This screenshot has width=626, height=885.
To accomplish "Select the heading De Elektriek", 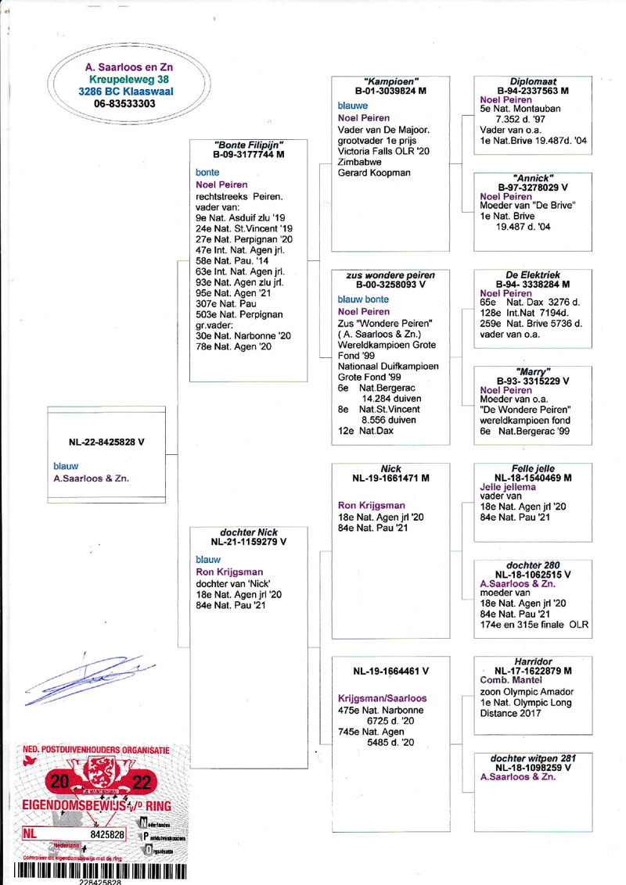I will pos(532,274).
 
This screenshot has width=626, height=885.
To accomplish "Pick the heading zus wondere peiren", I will pos(390,274).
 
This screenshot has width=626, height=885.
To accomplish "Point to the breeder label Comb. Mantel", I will pos(509,680).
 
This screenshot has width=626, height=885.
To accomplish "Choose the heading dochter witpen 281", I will pos(532,758).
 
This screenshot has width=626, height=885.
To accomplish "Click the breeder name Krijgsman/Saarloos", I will pos(381,697).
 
